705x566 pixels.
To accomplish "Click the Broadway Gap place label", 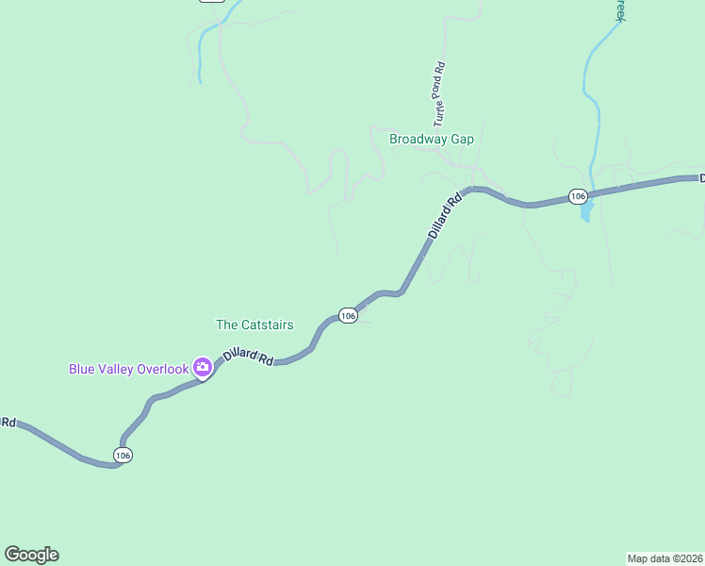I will click(x=432, y=139).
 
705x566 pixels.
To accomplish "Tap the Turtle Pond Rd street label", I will click(x=439, y=94).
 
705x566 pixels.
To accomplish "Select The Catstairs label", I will click(x=254, y=325).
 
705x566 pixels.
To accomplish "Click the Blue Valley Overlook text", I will click(x=128, y=369).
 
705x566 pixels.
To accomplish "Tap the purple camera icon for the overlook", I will click(x=202, y=367).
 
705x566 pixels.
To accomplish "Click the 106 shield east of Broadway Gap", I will click(x=578, y=196).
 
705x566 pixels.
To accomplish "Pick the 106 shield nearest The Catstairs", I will click(x=348, y=316).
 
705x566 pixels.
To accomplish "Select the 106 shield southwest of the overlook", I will click(x=123, y=456).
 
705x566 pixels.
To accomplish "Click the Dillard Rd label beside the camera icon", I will click(x=248, y=358).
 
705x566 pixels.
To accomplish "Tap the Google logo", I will click(x=31, y=555).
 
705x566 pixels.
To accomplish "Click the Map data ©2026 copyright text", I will click(x=664, y=558).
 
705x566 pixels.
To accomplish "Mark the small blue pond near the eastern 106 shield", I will click(x=585, y=213).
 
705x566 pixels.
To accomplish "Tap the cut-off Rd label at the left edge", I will click(x=8, y=422).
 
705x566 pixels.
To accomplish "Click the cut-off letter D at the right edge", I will click(x=701, y=177).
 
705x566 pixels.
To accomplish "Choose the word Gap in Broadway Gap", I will click(x=462, y=139).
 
